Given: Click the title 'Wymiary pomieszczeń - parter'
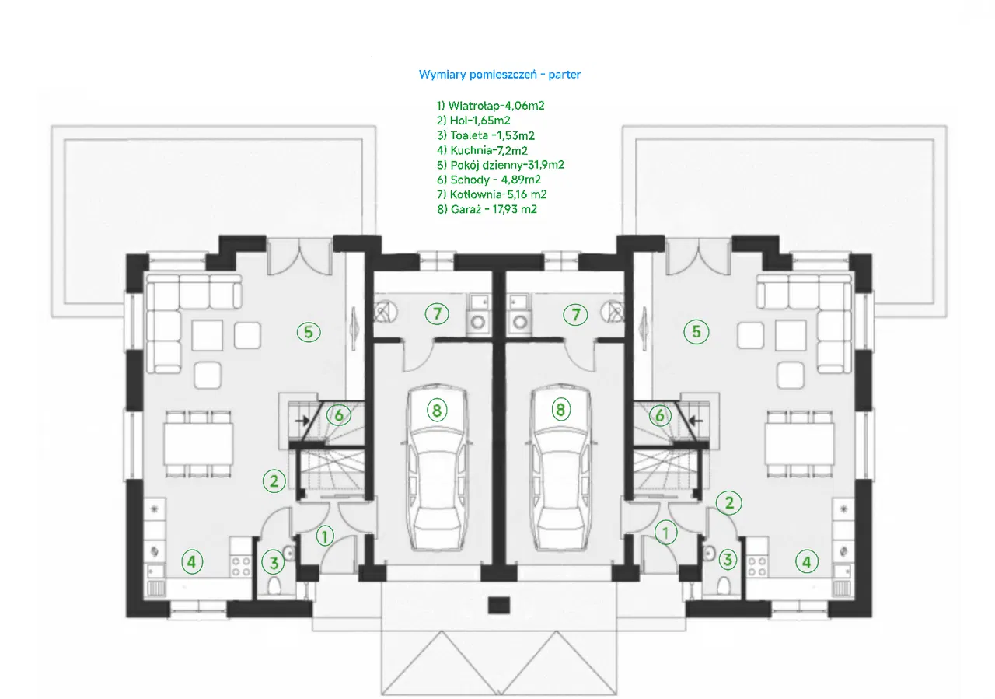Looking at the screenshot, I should tap(500, 75).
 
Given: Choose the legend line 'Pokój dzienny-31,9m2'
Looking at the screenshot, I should tap(500, 165).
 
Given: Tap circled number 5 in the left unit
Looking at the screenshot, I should tap(308, 332).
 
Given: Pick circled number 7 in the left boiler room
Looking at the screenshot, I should tap(437, 314).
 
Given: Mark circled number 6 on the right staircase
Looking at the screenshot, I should tap(659, 416).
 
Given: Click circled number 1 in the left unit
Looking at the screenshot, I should tap(325, 534).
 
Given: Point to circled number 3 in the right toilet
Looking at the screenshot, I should tap(728, 559).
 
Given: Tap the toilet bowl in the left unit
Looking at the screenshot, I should tap(274, 585).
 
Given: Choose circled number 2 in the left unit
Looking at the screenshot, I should tap(274, 481).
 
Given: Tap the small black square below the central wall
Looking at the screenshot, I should tap(497, 604).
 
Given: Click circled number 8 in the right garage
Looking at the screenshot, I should tap(560, 410).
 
